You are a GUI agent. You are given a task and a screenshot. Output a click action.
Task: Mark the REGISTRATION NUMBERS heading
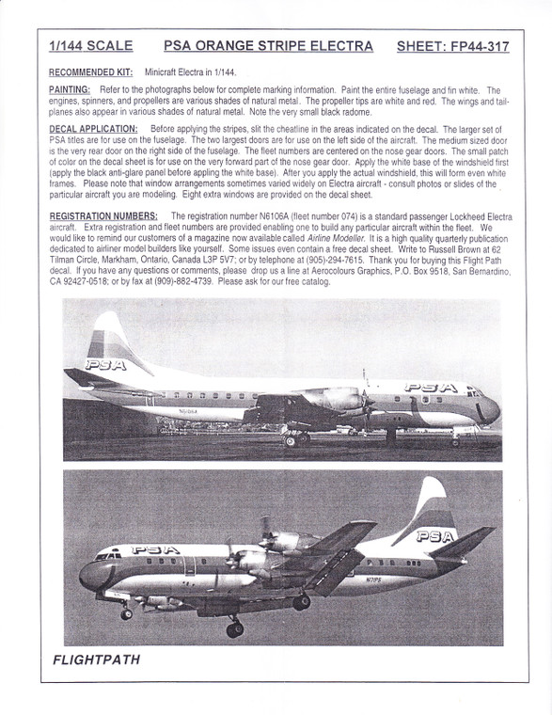pos(102,215)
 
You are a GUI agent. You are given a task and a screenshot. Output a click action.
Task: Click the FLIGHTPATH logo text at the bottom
pos(97,659)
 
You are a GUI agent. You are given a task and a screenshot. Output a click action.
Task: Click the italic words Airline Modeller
pos(338,237)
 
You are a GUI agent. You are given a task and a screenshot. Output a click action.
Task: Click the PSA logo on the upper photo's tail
pos(106,364)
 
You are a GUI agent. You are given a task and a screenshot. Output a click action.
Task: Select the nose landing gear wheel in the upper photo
pos(455,440)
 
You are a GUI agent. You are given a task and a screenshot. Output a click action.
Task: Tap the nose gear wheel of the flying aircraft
pos(125,614)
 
